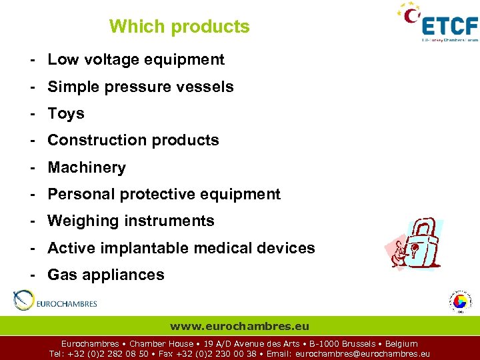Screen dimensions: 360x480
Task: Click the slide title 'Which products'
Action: pyautogui.click(x=179, y=27)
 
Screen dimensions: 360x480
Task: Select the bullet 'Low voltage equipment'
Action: pyautogui.click(x=136, y=59)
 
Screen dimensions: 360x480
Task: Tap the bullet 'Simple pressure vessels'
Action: pyautogui.click(x=141, y=87)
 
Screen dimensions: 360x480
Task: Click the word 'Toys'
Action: pyautogui.click(x=66, y=113)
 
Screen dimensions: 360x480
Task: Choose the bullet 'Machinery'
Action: pyautogui.click(x=87, y=167)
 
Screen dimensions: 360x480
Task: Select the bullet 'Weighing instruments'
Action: pyautogui.click(x=131, y=221)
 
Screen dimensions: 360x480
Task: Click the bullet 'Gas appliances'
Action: pyautogui.click(x=106, y=275)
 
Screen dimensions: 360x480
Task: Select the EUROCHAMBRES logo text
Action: pyautogui.click(x=67, y=304)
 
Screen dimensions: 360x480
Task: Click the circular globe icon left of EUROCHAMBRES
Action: pyautogui.click(x=23, y=301)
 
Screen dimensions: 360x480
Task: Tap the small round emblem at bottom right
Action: pyautogui.click(x=460, y=301)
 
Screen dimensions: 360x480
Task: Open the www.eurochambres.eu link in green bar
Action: pyautogui.click(x=239, y=326)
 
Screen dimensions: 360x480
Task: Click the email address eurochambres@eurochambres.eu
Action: pyautogui.click(x=362, y=354)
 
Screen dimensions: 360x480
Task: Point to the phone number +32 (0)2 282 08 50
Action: pyautogui.click(x=108, y=354)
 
